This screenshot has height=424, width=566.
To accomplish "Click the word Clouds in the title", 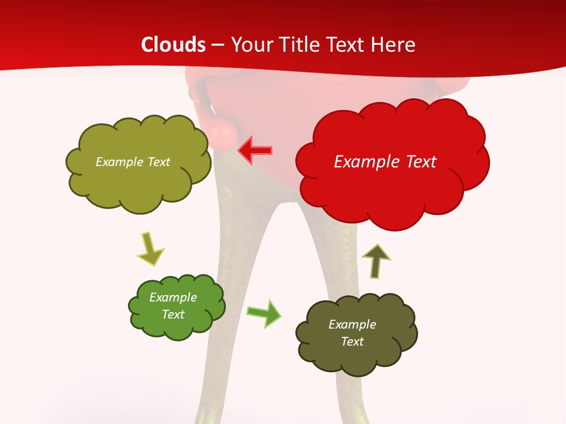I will click(x=173, y=45).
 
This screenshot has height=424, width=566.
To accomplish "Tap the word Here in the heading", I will click(x=393, y=45).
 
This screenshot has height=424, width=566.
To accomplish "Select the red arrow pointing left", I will click(x=255, y=151).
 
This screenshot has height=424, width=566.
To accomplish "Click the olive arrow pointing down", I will click(x=150, y=249).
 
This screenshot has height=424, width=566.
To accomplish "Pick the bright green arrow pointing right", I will click(x=264, y=313).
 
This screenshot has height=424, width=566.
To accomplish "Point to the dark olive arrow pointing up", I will click(x=376, y=261).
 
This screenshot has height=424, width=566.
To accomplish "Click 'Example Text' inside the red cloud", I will click(x=385, y=162).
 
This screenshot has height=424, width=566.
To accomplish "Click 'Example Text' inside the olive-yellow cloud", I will click(x=133, y=162).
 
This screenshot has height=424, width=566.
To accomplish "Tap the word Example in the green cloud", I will click(x=173, y=297).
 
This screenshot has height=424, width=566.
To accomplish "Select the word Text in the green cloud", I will click(x=173, y=314).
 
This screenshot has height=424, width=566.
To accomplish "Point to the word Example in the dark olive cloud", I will click(x=352, y=324).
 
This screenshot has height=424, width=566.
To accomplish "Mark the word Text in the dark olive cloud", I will click(x=352, y=342).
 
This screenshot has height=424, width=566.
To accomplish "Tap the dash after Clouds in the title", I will click(x=218, y=45).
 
